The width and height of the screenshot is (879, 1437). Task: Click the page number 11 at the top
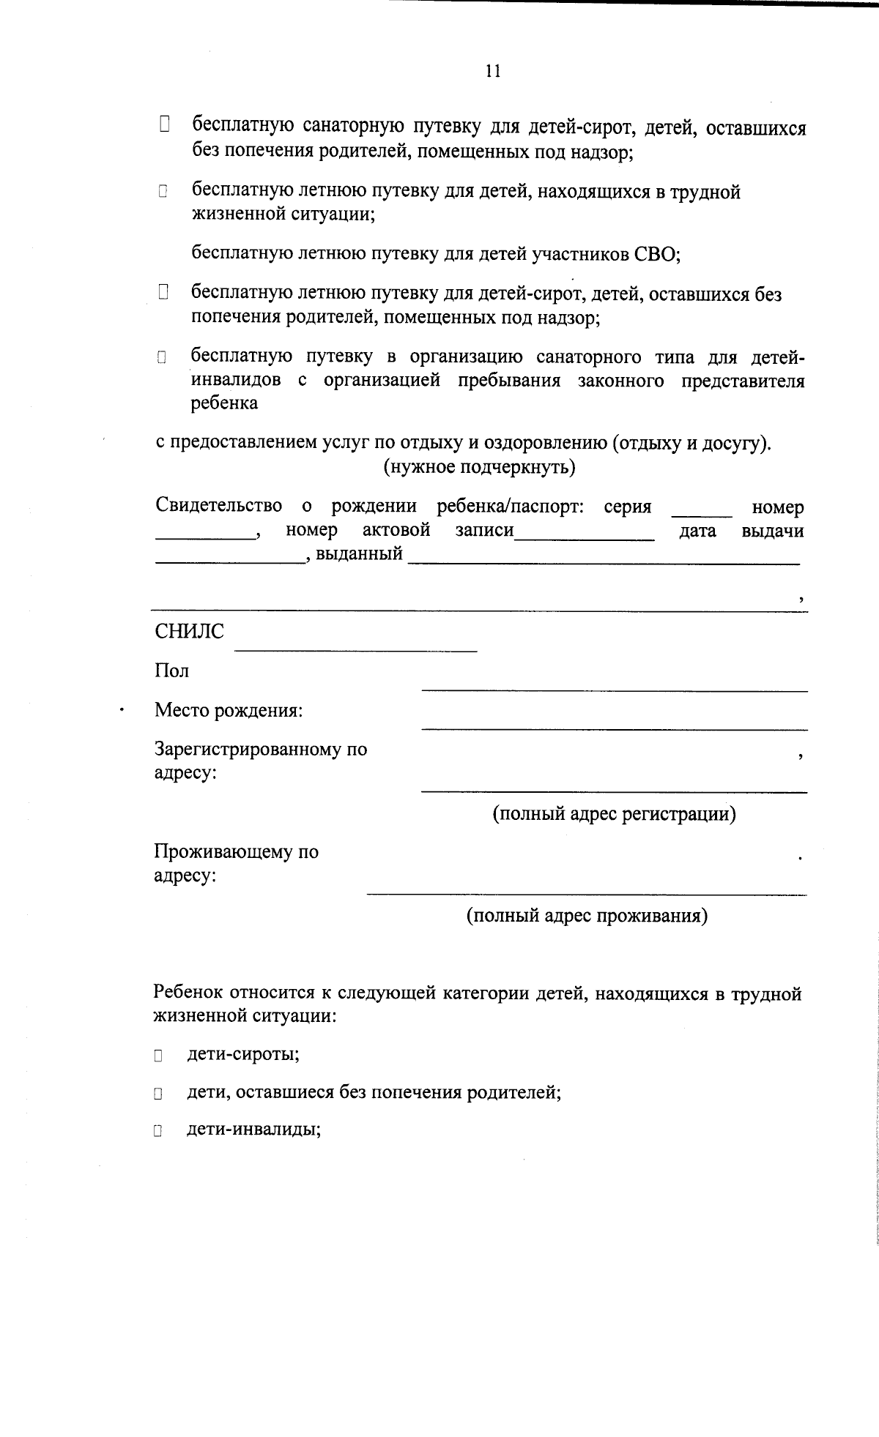coord(492,71)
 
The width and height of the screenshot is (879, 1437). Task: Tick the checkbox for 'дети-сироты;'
coord(157,1056)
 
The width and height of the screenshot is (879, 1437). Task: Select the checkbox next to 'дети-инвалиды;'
coord(157,1131)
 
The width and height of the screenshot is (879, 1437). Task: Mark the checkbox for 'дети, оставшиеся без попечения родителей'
coord(157,1094)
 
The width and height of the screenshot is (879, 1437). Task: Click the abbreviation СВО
coord(655,254)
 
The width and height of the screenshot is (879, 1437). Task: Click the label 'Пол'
coord(171,671)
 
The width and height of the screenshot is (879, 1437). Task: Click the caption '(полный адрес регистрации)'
coord(614,814)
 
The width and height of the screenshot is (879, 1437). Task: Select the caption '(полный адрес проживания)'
coord(587,916)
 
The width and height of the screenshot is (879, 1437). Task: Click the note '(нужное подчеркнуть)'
coord(479,467)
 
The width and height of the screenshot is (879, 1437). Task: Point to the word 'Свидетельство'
coord(218,506)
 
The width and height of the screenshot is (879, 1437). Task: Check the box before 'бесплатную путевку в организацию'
coord(162,358)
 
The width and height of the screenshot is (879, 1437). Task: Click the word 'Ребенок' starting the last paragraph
coord(188,993)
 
